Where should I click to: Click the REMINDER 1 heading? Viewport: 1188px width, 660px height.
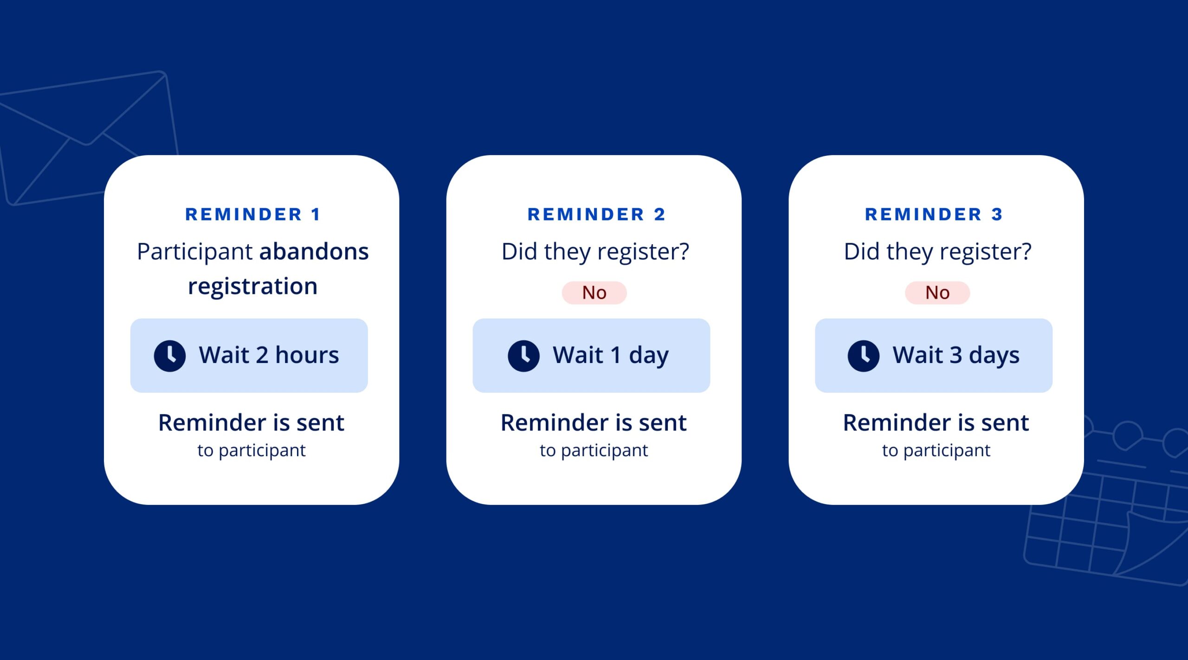(x=252, y=214)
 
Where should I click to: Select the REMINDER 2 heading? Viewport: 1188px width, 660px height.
(x=596, y=214)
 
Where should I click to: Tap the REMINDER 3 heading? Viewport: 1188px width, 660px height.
(x=934, y=214)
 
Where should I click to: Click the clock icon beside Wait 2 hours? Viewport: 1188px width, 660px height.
(x=170, y=356)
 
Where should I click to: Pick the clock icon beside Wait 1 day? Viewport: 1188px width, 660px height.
(x=523, y=356)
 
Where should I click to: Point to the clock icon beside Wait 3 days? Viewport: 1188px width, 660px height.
(x=863, y=356)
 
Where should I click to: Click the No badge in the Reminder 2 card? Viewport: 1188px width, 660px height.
(x=594, y=293)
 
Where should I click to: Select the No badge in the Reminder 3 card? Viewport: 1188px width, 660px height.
(x=937, y=293)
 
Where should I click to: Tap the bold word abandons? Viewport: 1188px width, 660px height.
(x=314, y=252)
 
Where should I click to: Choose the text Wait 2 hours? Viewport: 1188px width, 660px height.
(x=269, y=355)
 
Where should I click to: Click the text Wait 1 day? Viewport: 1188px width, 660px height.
(x=611, y=356)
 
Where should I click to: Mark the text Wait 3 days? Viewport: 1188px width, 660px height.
(x=956, y=356)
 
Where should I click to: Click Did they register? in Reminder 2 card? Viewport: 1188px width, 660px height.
(x=595, y=252)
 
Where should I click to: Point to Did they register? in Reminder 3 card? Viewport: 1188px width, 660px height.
(x=937, y=252)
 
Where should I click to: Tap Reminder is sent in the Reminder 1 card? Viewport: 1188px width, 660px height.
(x=251, y=423)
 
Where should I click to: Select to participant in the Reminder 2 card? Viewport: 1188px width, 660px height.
(x=594, y=451)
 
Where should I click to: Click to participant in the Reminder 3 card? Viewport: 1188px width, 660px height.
(x=936, y=451)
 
